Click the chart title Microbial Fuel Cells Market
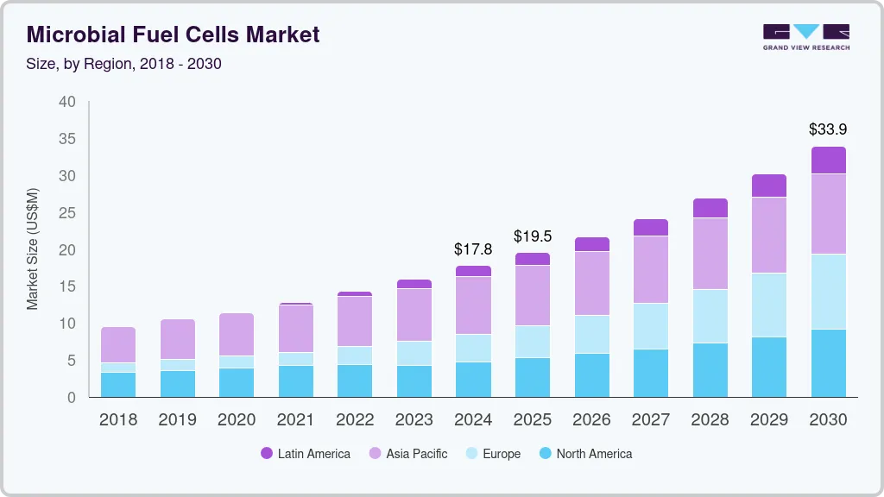[x=174, y=35]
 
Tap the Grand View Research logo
[x=805, y=36]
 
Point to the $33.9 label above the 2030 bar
[x=827, y=129]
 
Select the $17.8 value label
[x=472, y=249]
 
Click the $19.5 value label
[x=532, y=236]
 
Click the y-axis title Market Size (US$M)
[x=33, y=248]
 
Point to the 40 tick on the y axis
[x=67, y=102]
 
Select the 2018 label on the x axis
[x=117, y=420]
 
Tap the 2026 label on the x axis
[x=591, y=420]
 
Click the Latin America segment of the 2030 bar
[x=828, y=160]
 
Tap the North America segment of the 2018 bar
[x=118, y=385]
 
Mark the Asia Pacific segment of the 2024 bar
[x=473, y=305]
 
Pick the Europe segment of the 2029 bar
[x=768, y=305]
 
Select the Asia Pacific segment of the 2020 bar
[x=237, y=334]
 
